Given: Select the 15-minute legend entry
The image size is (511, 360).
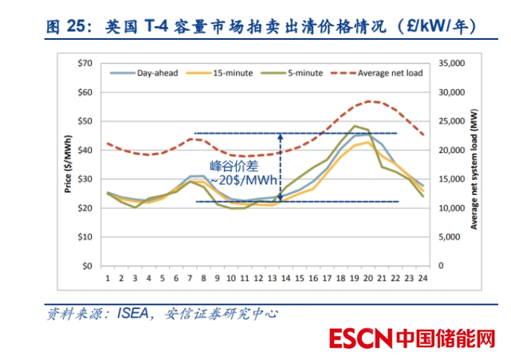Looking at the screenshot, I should coord(233,73).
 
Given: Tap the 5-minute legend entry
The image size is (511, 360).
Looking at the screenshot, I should coord(305,73).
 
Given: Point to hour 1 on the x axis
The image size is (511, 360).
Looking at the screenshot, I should coord(108,278).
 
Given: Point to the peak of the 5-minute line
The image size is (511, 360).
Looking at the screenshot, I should coord(353,126).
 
